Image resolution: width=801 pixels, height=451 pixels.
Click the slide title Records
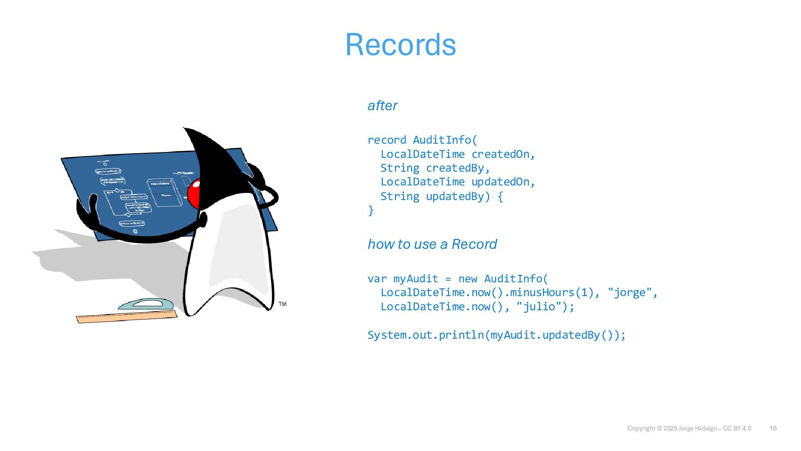(x=400, y=45)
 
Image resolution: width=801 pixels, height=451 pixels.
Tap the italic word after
(x=382, y=106)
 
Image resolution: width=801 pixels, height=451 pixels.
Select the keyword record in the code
(x=386, y=140)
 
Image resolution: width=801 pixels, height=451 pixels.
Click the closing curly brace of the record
(x=370, y=210)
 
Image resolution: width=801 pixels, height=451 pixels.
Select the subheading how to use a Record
(x=432, y=244)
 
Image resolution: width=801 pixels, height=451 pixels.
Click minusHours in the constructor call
(x=542, y=292)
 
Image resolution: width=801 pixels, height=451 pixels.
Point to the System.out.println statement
(x=496, y=335)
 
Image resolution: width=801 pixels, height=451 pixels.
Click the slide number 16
(x=773, y=428)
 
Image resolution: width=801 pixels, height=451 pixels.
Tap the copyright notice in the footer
(x=689, y=428)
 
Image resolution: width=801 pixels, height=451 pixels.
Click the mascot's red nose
(x=194, y=194)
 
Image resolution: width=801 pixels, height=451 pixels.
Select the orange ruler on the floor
(x=126, y=317)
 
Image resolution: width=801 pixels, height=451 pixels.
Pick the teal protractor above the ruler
(x=146, y=304)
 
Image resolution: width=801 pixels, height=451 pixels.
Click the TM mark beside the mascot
(x=282, y=304)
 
